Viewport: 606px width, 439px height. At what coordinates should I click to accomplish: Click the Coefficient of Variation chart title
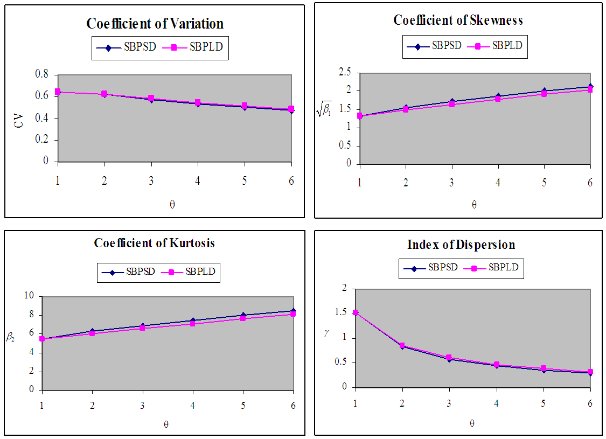point(155,24)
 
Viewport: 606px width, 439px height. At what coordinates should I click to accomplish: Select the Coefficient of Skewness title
point(458,20)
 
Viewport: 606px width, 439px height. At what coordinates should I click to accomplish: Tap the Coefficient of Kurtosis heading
point(154,243)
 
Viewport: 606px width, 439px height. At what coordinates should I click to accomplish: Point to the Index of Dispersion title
point(461,245)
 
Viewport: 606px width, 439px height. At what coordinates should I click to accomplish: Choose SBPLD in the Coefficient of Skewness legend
point(507,45)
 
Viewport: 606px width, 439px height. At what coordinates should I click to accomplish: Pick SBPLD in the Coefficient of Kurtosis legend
point(200,271)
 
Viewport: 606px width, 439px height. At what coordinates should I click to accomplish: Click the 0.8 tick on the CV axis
point(41,74)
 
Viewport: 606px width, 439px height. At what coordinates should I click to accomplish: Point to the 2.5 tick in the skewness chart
point(345,72)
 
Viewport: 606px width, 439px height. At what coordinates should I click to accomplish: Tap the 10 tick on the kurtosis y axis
point(29,296)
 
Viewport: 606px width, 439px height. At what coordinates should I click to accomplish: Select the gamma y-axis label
point(326,333)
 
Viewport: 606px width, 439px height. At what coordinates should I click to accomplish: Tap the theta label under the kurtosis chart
point(166,424)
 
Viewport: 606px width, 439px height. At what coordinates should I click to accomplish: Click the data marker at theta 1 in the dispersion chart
point(356,312)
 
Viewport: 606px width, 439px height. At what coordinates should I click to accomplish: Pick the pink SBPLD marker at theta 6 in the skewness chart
point(590,89)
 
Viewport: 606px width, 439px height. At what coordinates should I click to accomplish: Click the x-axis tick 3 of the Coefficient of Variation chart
point(151,180)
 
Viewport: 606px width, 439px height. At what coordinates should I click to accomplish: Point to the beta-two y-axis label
point(11,338)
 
